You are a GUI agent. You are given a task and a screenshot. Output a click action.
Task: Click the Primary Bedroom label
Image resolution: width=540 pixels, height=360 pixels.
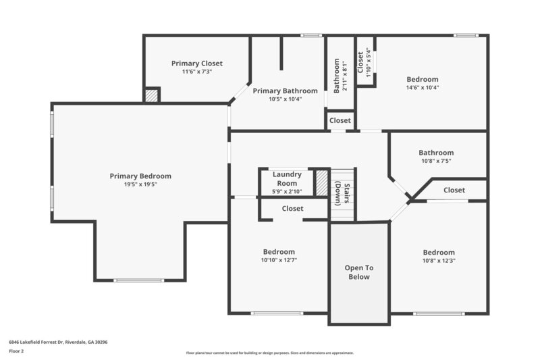tap(140, 176)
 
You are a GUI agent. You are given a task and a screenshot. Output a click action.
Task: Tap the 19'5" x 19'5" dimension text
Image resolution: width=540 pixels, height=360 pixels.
tap(140, 184)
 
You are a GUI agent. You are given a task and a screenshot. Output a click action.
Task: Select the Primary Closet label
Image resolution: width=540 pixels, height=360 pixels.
tap(196, 63)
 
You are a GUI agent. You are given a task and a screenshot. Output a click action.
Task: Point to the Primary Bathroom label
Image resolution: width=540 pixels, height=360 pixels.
tap(285, 91)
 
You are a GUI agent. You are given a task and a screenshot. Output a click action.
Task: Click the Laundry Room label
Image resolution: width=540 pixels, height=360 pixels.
tap(287, 179)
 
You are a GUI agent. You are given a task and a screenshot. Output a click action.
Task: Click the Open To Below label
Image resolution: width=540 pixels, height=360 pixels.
tap(359, 272)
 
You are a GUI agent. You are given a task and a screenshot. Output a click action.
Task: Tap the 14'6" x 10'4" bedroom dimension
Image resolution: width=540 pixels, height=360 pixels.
tap(422, 87)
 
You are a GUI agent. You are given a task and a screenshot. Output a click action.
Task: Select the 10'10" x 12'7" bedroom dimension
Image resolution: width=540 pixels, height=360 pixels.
tap(279, 260)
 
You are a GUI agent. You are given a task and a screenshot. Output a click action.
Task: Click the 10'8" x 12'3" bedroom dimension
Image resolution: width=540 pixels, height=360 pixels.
tap(439, 261)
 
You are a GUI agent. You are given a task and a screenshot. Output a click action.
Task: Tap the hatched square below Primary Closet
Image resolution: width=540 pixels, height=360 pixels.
tap(152, 95)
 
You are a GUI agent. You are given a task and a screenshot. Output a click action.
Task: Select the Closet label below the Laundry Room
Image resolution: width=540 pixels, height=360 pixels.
tap(292, 209)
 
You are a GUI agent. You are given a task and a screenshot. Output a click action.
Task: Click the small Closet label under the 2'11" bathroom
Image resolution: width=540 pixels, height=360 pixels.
tap(340, 120)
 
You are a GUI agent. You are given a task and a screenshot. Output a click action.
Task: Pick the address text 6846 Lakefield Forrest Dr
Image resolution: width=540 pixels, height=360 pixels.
tap(58, 342)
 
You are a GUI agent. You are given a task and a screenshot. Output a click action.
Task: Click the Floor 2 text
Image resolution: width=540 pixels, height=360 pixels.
tap(16, 351)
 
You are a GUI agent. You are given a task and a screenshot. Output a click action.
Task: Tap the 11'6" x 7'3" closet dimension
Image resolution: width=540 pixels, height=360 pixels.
tap(196, 72)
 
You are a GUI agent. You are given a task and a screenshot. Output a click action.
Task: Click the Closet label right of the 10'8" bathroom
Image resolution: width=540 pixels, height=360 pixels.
tap(454, 190)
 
